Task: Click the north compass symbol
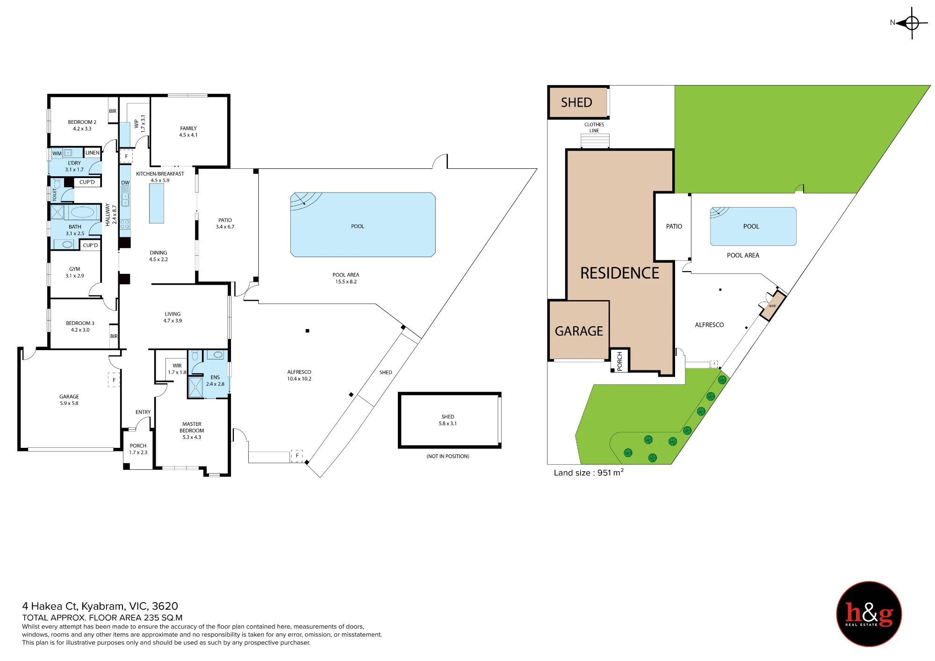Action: click(911, 22)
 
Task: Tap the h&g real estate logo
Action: click(869, 614)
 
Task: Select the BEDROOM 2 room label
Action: click(82, 125)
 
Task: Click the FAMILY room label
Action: click(188, 131)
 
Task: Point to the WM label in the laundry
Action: click(57, 153)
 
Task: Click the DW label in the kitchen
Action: click(125, 183)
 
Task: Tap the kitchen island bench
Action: click(157, 203)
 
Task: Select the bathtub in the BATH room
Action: click(82, 212)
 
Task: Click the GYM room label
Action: click(75, 273)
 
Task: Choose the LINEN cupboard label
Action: click(92, 153)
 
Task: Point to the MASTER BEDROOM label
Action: click(192, 431)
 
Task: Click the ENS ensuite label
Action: click(215, 381)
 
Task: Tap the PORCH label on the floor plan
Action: click(138, 449)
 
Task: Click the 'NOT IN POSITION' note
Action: click(448, 456)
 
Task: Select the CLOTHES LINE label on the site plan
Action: click(594, 128)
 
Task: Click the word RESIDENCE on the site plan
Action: click(619, 273)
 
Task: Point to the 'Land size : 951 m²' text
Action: click(589, 473)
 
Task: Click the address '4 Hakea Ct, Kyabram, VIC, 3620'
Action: click(100, 606)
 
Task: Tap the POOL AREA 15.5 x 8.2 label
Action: click(346, 278)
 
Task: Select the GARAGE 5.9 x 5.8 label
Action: click(69, 400)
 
